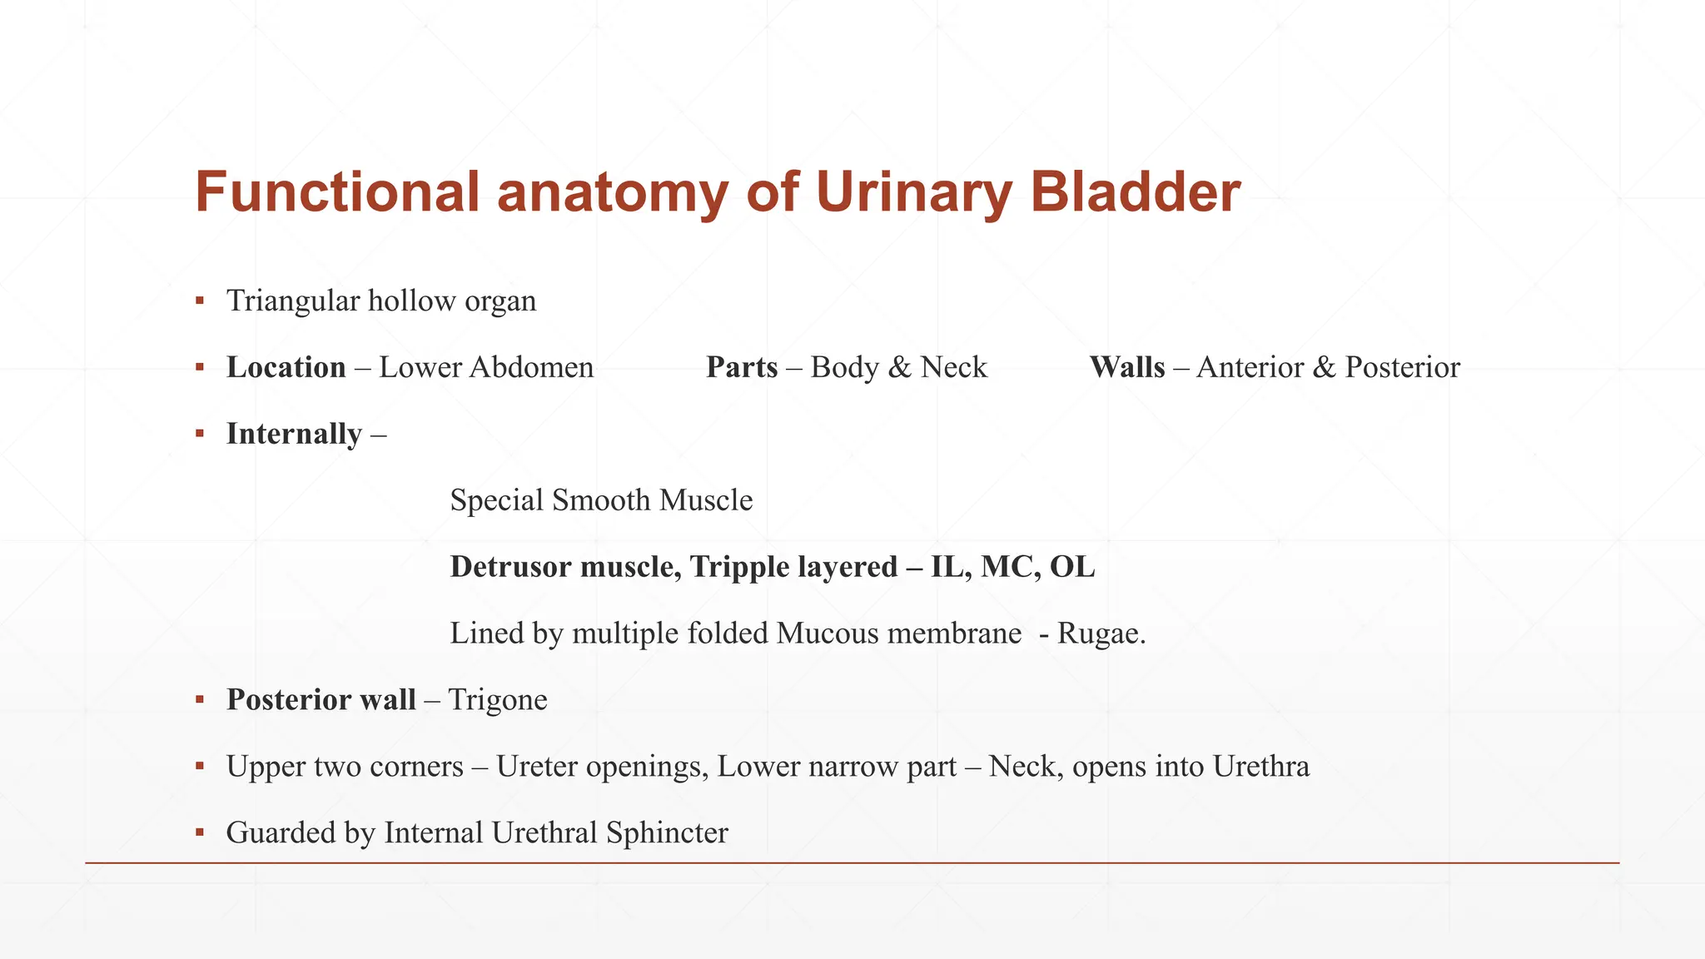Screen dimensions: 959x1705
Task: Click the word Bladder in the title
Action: [x=1135, y=192]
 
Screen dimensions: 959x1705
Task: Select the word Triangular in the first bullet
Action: [x=293, y=301]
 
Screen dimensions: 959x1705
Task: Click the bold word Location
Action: [x=286, y=367]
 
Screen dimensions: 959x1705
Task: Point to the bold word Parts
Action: [x=742, y=367]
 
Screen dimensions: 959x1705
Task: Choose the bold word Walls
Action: [x=1126, y=367]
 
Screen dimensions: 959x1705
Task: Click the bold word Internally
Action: [x=294, y=434]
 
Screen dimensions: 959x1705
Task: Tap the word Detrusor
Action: [x=510, y=567]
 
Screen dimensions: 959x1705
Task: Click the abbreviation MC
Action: [x=1007, y=567]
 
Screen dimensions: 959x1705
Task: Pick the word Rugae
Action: [x=1101, y=634]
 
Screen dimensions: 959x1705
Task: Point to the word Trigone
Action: [x=497, y=700]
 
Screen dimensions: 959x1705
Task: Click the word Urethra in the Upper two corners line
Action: [x=1260, y=766]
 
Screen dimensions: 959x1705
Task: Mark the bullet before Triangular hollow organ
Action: [x=200, y=301]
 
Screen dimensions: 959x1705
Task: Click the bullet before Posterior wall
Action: [x=200, y=699]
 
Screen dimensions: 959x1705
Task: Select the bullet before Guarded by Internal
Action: [x=200, y=832]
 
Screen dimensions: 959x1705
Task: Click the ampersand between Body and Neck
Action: [x=899, y=367]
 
